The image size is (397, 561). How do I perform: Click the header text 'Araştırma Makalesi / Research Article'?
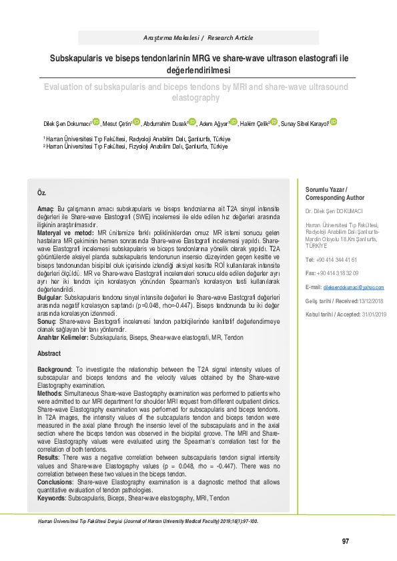click(x=198, y=38)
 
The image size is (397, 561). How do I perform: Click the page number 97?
click(x=346, y=540)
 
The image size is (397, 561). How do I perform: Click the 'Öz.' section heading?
click(x=41, y=193)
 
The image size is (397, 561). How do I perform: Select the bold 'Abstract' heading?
click(x=49, y=353)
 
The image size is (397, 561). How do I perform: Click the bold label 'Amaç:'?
click(x=45, y=209)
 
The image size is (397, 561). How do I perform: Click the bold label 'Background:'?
click(x=55, y=369)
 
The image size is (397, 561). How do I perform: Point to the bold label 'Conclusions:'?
click(x=56, y=481)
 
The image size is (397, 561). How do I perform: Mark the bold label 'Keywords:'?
click(x=52, y=498)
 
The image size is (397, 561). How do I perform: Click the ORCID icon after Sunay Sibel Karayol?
click(x=334, y=122)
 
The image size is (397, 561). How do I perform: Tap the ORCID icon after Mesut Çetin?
click(x=137, y=122)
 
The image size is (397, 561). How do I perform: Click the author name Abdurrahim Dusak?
click(x=165, y=124)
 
